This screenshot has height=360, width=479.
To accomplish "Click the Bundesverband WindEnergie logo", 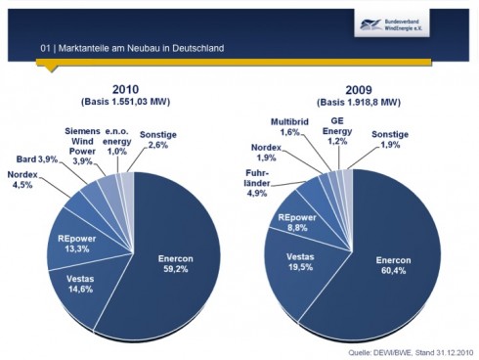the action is pyautogui.click(x=392, y=23).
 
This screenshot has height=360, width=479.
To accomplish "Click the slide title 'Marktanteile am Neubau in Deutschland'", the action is pyautogui.click(x=141, y=48).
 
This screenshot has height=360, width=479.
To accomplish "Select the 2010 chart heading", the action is pyautogui.click(x=125, y=89).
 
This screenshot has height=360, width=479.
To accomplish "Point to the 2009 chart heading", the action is pyautogui.click(x=359, y=90).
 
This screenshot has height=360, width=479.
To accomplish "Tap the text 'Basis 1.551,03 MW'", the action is pyautogui.click(x=126, y=102).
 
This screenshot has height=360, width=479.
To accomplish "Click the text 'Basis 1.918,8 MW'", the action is pyautogui.click(x=359, y=102).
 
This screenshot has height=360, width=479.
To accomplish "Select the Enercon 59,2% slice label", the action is pyautogui.click(x=176, y=264).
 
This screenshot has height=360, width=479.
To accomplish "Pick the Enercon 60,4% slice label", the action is pyautogui.click(x=393, y=265).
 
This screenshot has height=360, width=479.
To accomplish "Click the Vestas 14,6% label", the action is pyautogui.click(x=80, y=284).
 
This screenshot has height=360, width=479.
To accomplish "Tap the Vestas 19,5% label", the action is pyautogui.click(x=300, y=262).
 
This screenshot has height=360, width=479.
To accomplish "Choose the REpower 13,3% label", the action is pyautogui.click(x=77, y=244).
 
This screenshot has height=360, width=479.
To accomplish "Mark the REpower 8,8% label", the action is pyautogui.click(x=297, y=222).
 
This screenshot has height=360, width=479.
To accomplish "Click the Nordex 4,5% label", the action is pyautogui.click(x=22, y=180).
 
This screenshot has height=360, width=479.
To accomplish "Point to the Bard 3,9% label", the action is pyautogui.click(x=37, y=159).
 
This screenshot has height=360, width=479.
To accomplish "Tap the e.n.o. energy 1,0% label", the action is pyautogui.click(x=117, y=141).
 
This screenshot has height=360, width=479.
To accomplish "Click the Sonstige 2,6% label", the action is pyautogui.click(x=158, y=140).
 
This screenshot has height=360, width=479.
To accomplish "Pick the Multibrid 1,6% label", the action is pyautogui.click(x=289, y=127).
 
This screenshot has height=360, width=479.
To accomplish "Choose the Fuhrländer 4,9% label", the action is pyautogui.click(x=257, y=183).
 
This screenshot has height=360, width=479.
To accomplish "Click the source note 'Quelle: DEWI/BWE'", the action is pyautogui.click(x=380, y=352).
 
